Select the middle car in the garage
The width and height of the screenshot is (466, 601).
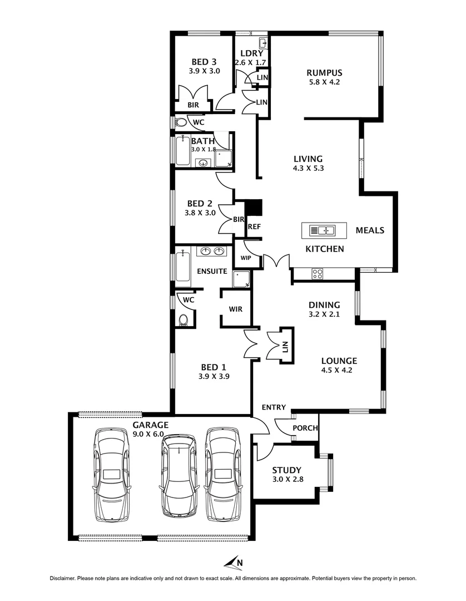[x=178, y=475]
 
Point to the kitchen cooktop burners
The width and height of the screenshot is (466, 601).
[x=318, y=273]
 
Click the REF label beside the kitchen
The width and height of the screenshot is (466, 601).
[x=254, y=226]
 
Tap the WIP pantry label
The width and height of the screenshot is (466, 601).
[x=245, y=258]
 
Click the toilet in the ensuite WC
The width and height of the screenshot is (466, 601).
[x=184, y=319]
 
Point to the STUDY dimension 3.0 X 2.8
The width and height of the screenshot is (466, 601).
[x=286, y=480]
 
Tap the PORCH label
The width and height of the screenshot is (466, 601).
[x=305, y=428]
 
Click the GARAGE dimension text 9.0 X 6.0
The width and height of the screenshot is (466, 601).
[x=150, y=434]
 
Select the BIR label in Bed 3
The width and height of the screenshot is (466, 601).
[x=193, y=105]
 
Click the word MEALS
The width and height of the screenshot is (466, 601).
[x=370, y=230]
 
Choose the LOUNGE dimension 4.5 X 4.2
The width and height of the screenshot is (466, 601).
[x=339, y=370]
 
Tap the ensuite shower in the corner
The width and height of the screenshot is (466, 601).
[x=242, y=278]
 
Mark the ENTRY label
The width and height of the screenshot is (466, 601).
[x=275, y=407]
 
